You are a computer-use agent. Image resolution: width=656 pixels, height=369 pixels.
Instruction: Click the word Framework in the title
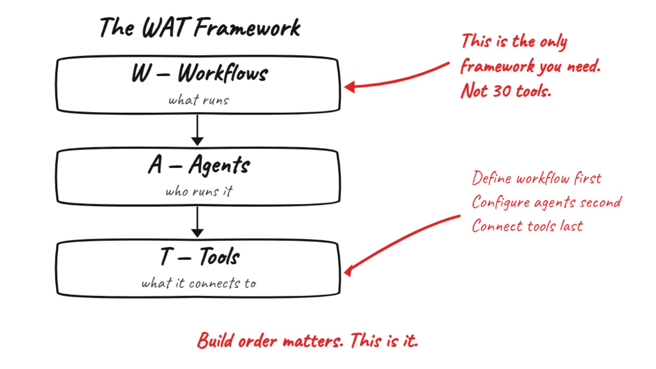click(x=247, y=27)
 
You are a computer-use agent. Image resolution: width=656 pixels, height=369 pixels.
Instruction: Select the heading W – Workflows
click(x=200, y=73)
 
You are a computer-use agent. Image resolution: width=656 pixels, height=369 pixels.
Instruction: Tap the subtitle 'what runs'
click(x=199, y=100)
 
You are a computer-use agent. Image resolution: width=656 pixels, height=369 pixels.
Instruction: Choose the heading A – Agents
click(x=199, y=165)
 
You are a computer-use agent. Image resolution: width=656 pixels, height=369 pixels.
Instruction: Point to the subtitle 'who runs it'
click(x=199, y=191)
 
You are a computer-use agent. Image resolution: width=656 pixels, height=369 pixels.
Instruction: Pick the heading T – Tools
click(x=200, y=257)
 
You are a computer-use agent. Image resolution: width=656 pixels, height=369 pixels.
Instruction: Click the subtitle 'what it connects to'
click(x=199, y=283)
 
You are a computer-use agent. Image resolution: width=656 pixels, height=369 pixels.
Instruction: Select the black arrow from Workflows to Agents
click(x=197, y=130)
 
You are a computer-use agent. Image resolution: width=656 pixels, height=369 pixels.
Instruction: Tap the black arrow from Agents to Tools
click(x=197, y=222)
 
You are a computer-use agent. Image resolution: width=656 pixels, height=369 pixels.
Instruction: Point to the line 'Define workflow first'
click(x=536, y=178)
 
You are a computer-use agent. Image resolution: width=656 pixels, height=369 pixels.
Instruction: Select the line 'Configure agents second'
click(x=546, y=202)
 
